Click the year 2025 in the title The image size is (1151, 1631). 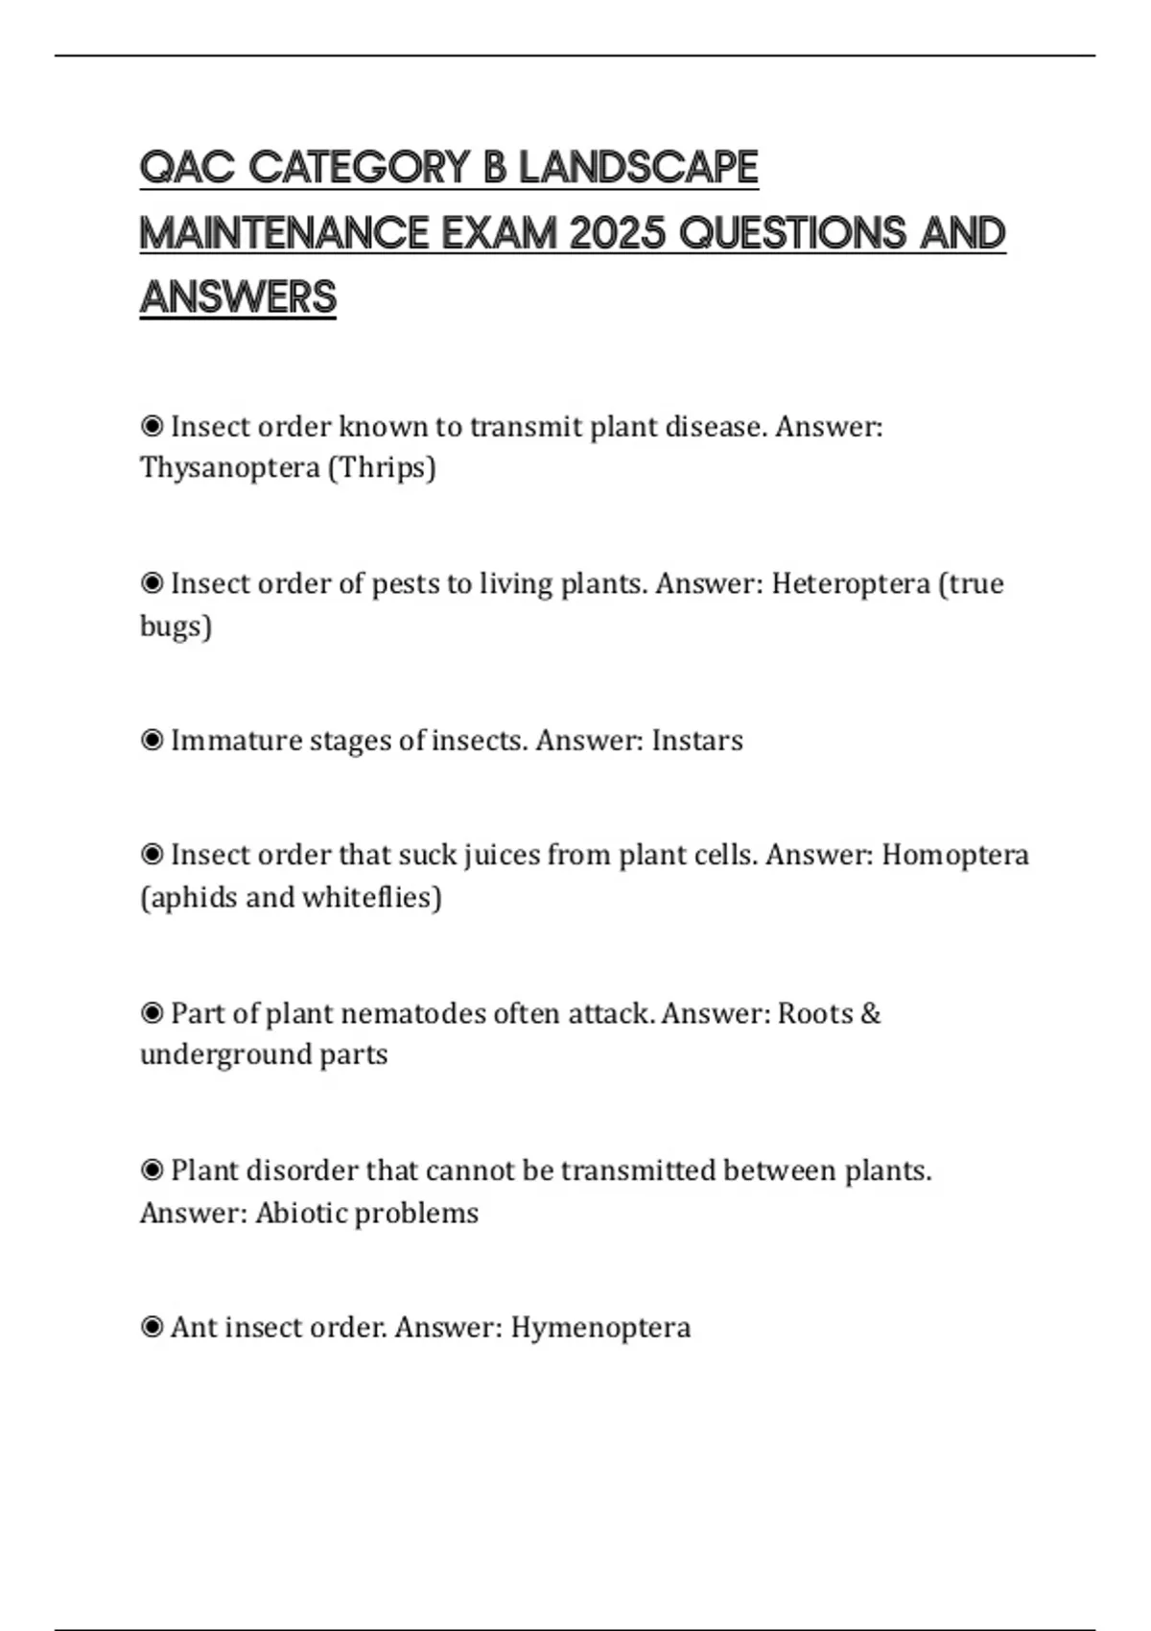tap(617, 233)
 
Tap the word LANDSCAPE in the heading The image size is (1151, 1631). tap(638, 167)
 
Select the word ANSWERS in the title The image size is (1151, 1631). tap(238, 297)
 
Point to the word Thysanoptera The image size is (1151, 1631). tap(229, 468)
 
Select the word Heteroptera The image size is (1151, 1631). tap(851, 583)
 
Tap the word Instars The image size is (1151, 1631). tap(697, 741)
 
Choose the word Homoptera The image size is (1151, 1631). tap(955, 855)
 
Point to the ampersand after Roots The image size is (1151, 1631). tap(871, 1013)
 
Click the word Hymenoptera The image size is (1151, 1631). tap(600, 1328)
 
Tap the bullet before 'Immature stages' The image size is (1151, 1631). tap(152, 741)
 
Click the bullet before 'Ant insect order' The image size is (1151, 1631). tap(152, 1328)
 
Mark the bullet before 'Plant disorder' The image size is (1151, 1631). tap(152, 1170)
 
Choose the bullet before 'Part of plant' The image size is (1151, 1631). tap(152, 1013)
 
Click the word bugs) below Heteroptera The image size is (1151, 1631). tap(176, 626)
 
